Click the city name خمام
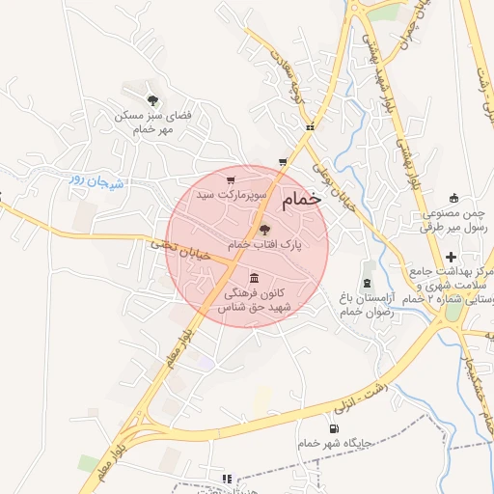pos(300,201)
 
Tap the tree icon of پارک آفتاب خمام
pos(264,230)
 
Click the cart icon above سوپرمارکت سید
pos(230,179)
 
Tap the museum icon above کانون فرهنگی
pos(254,276)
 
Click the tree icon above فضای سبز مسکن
pos(152,99)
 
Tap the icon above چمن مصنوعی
pos(453,197)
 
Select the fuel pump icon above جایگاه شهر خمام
pos(334,428)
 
